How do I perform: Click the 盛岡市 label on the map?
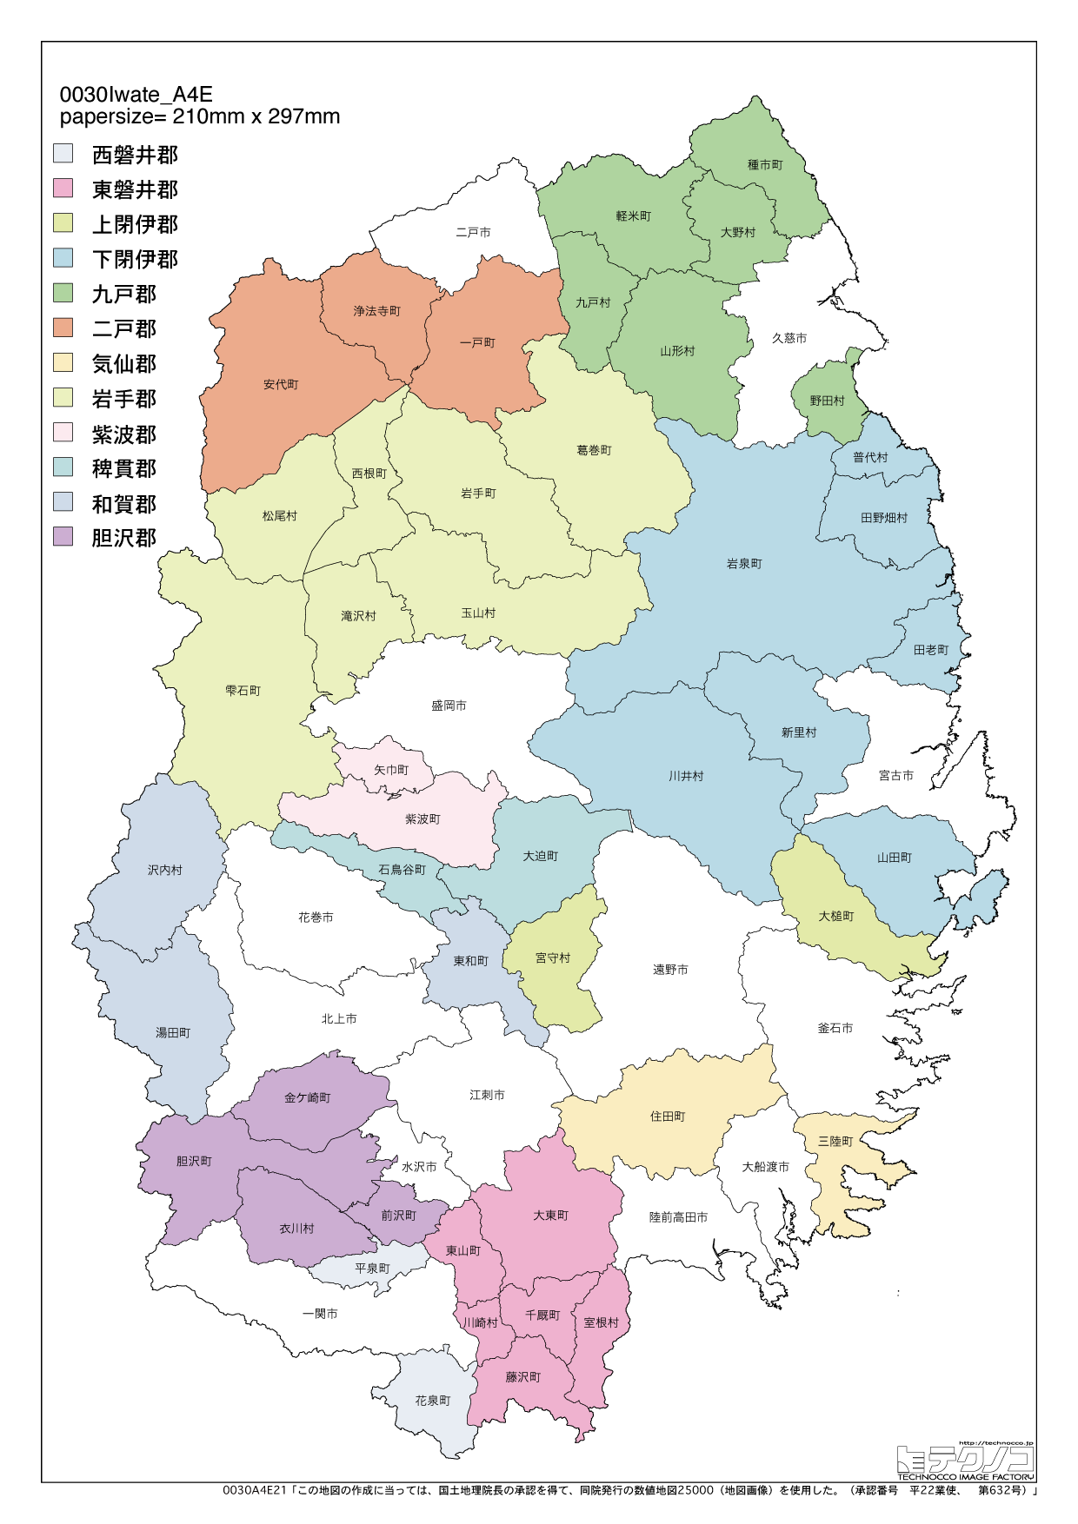449,706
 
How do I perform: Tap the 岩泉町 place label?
744,564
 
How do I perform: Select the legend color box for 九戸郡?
63,293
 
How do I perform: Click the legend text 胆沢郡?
124,538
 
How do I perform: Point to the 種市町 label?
765,164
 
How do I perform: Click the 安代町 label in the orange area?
281,384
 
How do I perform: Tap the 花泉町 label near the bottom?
432,1401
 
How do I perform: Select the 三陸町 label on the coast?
835,1141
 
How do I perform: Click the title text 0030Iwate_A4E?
136,95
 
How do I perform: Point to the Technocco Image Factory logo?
965,1463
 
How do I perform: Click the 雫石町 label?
243,691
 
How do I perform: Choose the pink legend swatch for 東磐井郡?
63,189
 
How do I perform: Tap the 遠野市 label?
670,970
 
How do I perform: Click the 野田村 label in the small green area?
827,401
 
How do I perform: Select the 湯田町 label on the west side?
172,1032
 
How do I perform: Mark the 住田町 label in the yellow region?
668,1116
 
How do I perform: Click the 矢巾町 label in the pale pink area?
391,770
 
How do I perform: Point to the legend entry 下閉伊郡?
135,259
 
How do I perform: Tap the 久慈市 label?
789,338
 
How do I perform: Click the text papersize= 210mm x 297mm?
200,116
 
